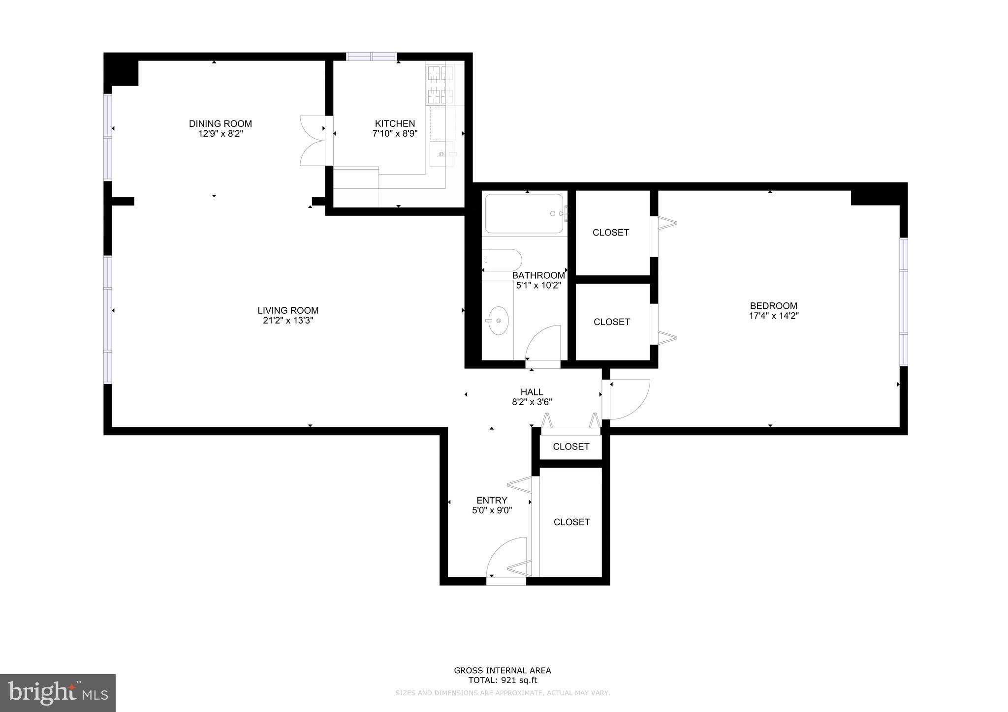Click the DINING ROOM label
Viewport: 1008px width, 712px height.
220,123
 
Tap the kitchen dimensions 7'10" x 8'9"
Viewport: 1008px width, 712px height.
395,133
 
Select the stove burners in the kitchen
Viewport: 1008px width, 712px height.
440,85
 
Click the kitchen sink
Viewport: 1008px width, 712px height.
441,154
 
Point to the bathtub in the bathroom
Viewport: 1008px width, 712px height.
524,214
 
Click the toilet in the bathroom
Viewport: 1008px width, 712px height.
502,260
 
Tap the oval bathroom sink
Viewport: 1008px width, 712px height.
498,321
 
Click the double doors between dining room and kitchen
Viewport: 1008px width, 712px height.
312,141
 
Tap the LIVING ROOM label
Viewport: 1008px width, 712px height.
288,310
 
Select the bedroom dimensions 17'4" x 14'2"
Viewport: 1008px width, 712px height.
773,316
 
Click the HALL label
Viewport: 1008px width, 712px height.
532,392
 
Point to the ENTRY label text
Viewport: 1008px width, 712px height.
492,501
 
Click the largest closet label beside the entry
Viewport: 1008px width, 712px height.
571,522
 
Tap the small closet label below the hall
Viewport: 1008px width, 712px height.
571,446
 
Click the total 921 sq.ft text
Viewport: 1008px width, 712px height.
502,681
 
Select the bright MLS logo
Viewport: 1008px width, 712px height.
58,693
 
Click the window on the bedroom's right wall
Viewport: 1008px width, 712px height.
904,301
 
